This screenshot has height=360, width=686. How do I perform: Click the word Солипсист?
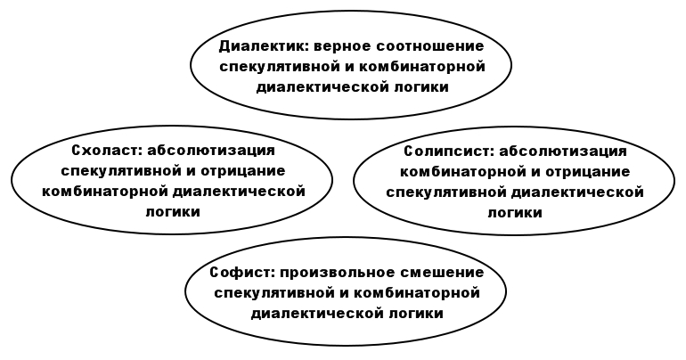pos(448,151)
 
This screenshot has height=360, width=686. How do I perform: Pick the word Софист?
pos(242,273)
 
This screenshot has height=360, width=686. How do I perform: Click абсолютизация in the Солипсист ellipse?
pos(563,151)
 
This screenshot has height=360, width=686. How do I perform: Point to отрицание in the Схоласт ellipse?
pos(243,170)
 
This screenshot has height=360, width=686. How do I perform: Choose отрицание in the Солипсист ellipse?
pos(588,171)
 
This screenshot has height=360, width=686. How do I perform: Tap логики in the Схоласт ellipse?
pos(173,212)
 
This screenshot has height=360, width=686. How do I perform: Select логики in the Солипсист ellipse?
pos(515,213)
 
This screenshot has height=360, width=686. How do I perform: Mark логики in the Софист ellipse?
pos(416,314)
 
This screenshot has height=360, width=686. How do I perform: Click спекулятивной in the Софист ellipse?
pos(274,292)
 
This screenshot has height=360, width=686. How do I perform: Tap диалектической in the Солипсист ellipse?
pos(577,192)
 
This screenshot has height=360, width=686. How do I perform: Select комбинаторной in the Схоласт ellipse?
pos(104,192)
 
